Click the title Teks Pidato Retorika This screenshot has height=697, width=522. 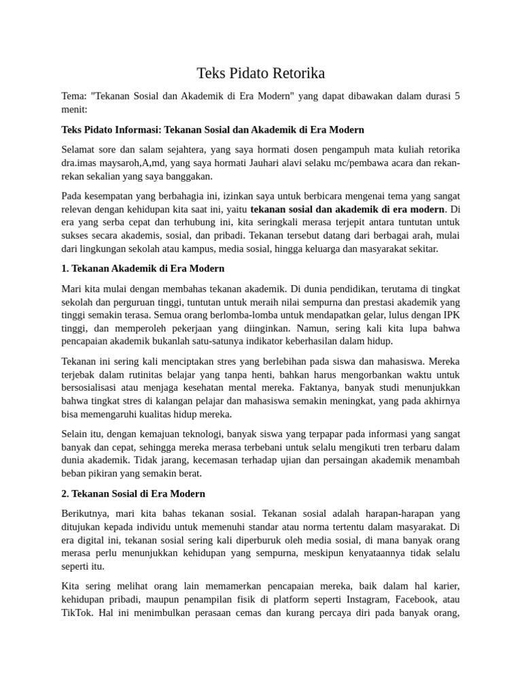261,73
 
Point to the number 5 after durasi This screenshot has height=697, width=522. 457,96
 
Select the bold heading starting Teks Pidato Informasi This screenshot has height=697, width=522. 213,129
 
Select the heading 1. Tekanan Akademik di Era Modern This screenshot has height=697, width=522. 143,268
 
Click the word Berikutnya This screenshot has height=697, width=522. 84,513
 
